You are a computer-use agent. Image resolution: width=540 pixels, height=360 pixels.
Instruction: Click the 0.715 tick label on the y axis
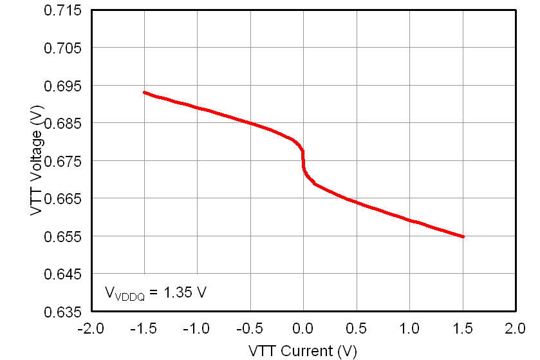[64, 10]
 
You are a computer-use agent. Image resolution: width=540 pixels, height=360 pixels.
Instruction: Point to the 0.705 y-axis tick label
[64, 48]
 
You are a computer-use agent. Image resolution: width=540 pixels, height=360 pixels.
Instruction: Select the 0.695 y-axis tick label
[64, 86]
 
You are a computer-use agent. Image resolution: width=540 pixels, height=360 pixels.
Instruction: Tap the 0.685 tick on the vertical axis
[64, 123]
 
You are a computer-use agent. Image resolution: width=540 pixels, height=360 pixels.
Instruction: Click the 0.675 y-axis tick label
[64, 161]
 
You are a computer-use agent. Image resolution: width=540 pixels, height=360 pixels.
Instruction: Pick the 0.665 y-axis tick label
[64, 198]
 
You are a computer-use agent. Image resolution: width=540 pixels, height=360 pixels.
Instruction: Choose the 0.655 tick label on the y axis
[64, 236]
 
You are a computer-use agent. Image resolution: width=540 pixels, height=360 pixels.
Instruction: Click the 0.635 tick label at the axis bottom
[64, 312]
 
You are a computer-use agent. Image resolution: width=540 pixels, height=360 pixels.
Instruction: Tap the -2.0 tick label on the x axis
[89, 329]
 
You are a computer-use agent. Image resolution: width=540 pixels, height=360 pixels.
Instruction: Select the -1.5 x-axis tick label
[143, 329]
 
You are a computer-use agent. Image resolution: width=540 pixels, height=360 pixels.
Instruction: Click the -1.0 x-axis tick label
[196, 329]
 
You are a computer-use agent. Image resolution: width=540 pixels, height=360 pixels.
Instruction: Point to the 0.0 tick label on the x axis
[303, 329]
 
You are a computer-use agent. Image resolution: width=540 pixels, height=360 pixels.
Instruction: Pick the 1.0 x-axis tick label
[409, 329]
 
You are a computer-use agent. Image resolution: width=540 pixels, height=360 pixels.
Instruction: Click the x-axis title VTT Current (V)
[303, 351]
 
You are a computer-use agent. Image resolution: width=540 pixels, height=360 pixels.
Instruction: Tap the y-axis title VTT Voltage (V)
[37, 161]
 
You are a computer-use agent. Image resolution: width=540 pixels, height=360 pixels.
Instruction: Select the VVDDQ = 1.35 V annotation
[155, 292]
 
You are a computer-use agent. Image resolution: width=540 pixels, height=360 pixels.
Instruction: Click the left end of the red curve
[144, 92]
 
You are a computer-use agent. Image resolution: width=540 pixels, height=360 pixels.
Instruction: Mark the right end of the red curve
[463, 237]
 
